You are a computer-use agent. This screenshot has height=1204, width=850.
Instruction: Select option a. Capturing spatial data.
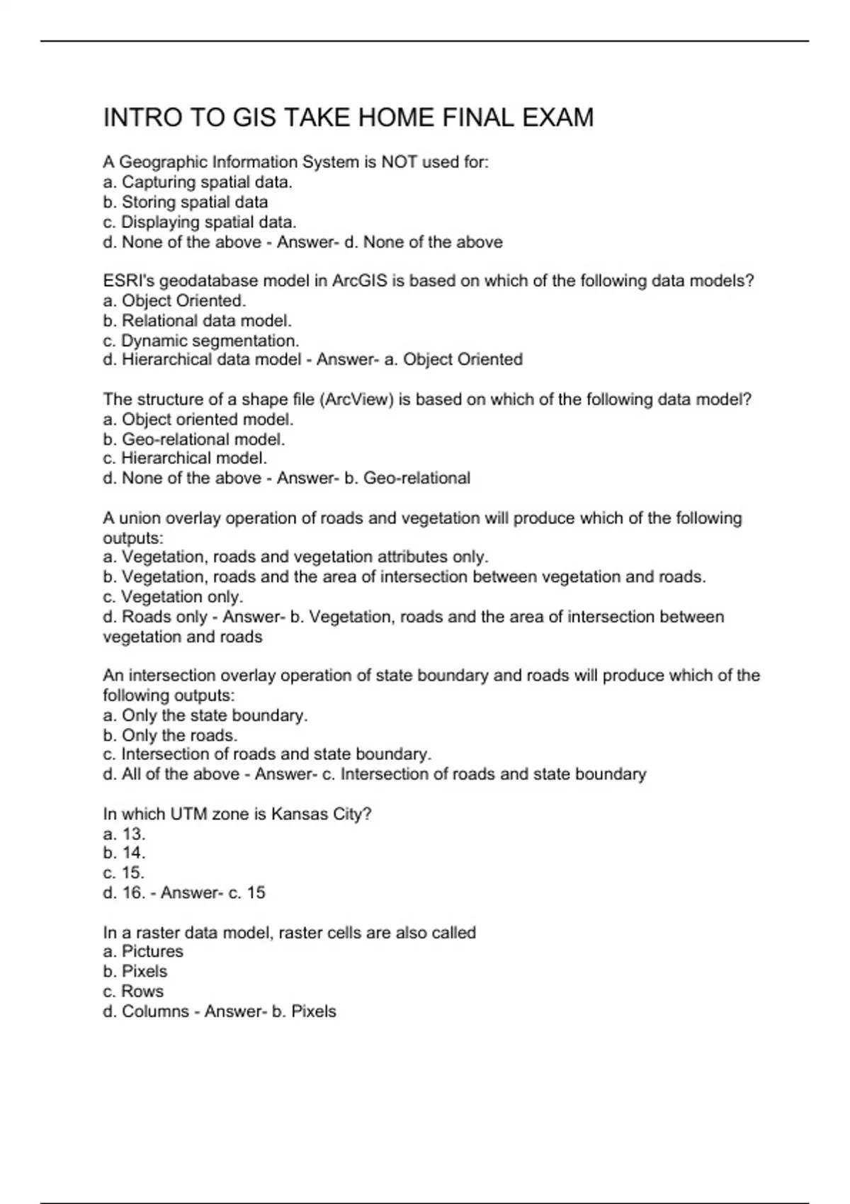click(198, 182)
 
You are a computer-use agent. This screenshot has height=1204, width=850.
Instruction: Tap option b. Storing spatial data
click(186, 202)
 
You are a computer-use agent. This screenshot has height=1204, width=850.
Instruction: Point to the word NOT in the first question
click(399, 162)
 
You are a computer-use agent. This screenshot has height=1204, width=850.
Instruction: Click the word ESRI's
click(128, 281)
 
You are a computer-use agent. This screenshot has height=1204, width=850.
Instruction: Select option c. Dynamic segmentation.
click(201, 341)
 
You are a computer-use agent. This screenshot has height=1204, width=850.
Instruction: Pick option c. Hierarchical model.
click(185, 458)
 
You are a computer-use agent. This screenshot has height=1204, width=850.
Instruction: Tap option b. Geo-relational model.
click(194, 439)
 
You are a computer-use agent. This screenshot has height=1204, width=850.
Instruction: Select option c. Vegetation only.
click(173, 596)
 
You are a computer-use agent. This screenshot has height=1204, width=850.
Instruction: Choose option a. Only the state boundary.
click(205, 715)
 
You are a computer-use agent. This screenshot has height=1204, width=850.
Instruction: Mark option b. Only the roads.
click(170, 735)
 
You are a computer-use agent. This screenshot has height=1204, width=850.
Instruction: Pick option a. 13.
click(124, 834)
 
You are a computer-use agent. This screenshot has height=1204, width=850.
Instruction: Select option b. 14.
click(124, 853)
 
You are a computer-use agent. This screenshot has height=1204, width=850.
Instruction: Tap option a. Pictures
click(143, 951)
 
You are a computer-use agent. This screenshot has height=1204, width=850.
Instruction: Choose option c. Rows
click(133, 991)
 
